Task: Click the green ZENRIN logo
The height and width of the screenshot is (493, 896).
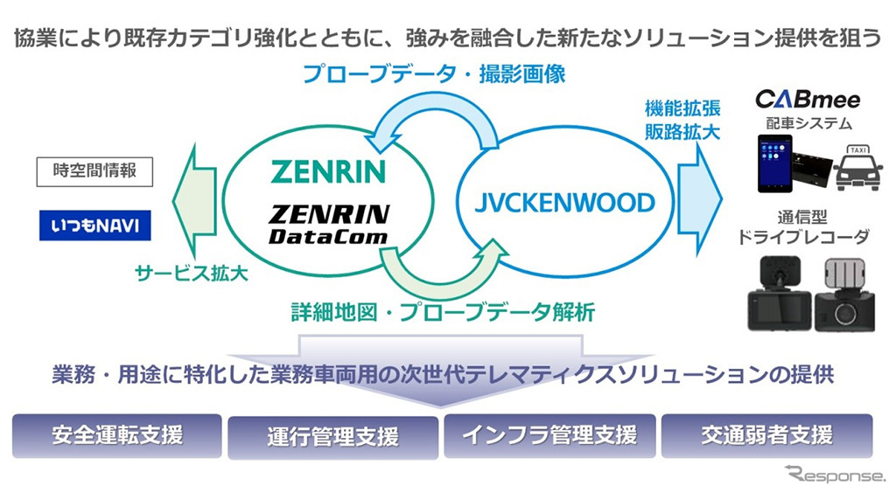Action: point(328,170)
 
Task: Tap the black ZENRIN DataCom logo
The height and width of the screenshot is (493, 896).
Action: point(328,224)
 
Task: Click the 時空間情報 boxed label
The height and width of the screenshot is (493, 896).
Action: point(94,171)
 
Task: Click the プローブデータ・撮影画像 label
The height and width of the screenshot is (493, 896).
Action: point(434,74)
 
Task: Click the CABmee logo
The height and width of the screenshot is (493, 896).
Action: point(807,99)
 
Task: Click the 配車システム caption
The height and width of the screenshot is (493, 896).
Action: point(808,123)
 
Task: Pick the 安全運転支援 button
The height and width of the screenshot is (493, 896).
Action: point(116,434)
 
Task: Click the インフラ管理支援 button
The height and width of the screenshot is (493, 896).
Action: point(549,434)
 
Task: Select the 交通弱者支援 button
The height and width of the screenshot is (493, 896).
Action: point(766,434)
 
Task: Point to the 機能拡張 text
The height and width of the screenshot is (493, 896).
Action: point(670,109)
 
